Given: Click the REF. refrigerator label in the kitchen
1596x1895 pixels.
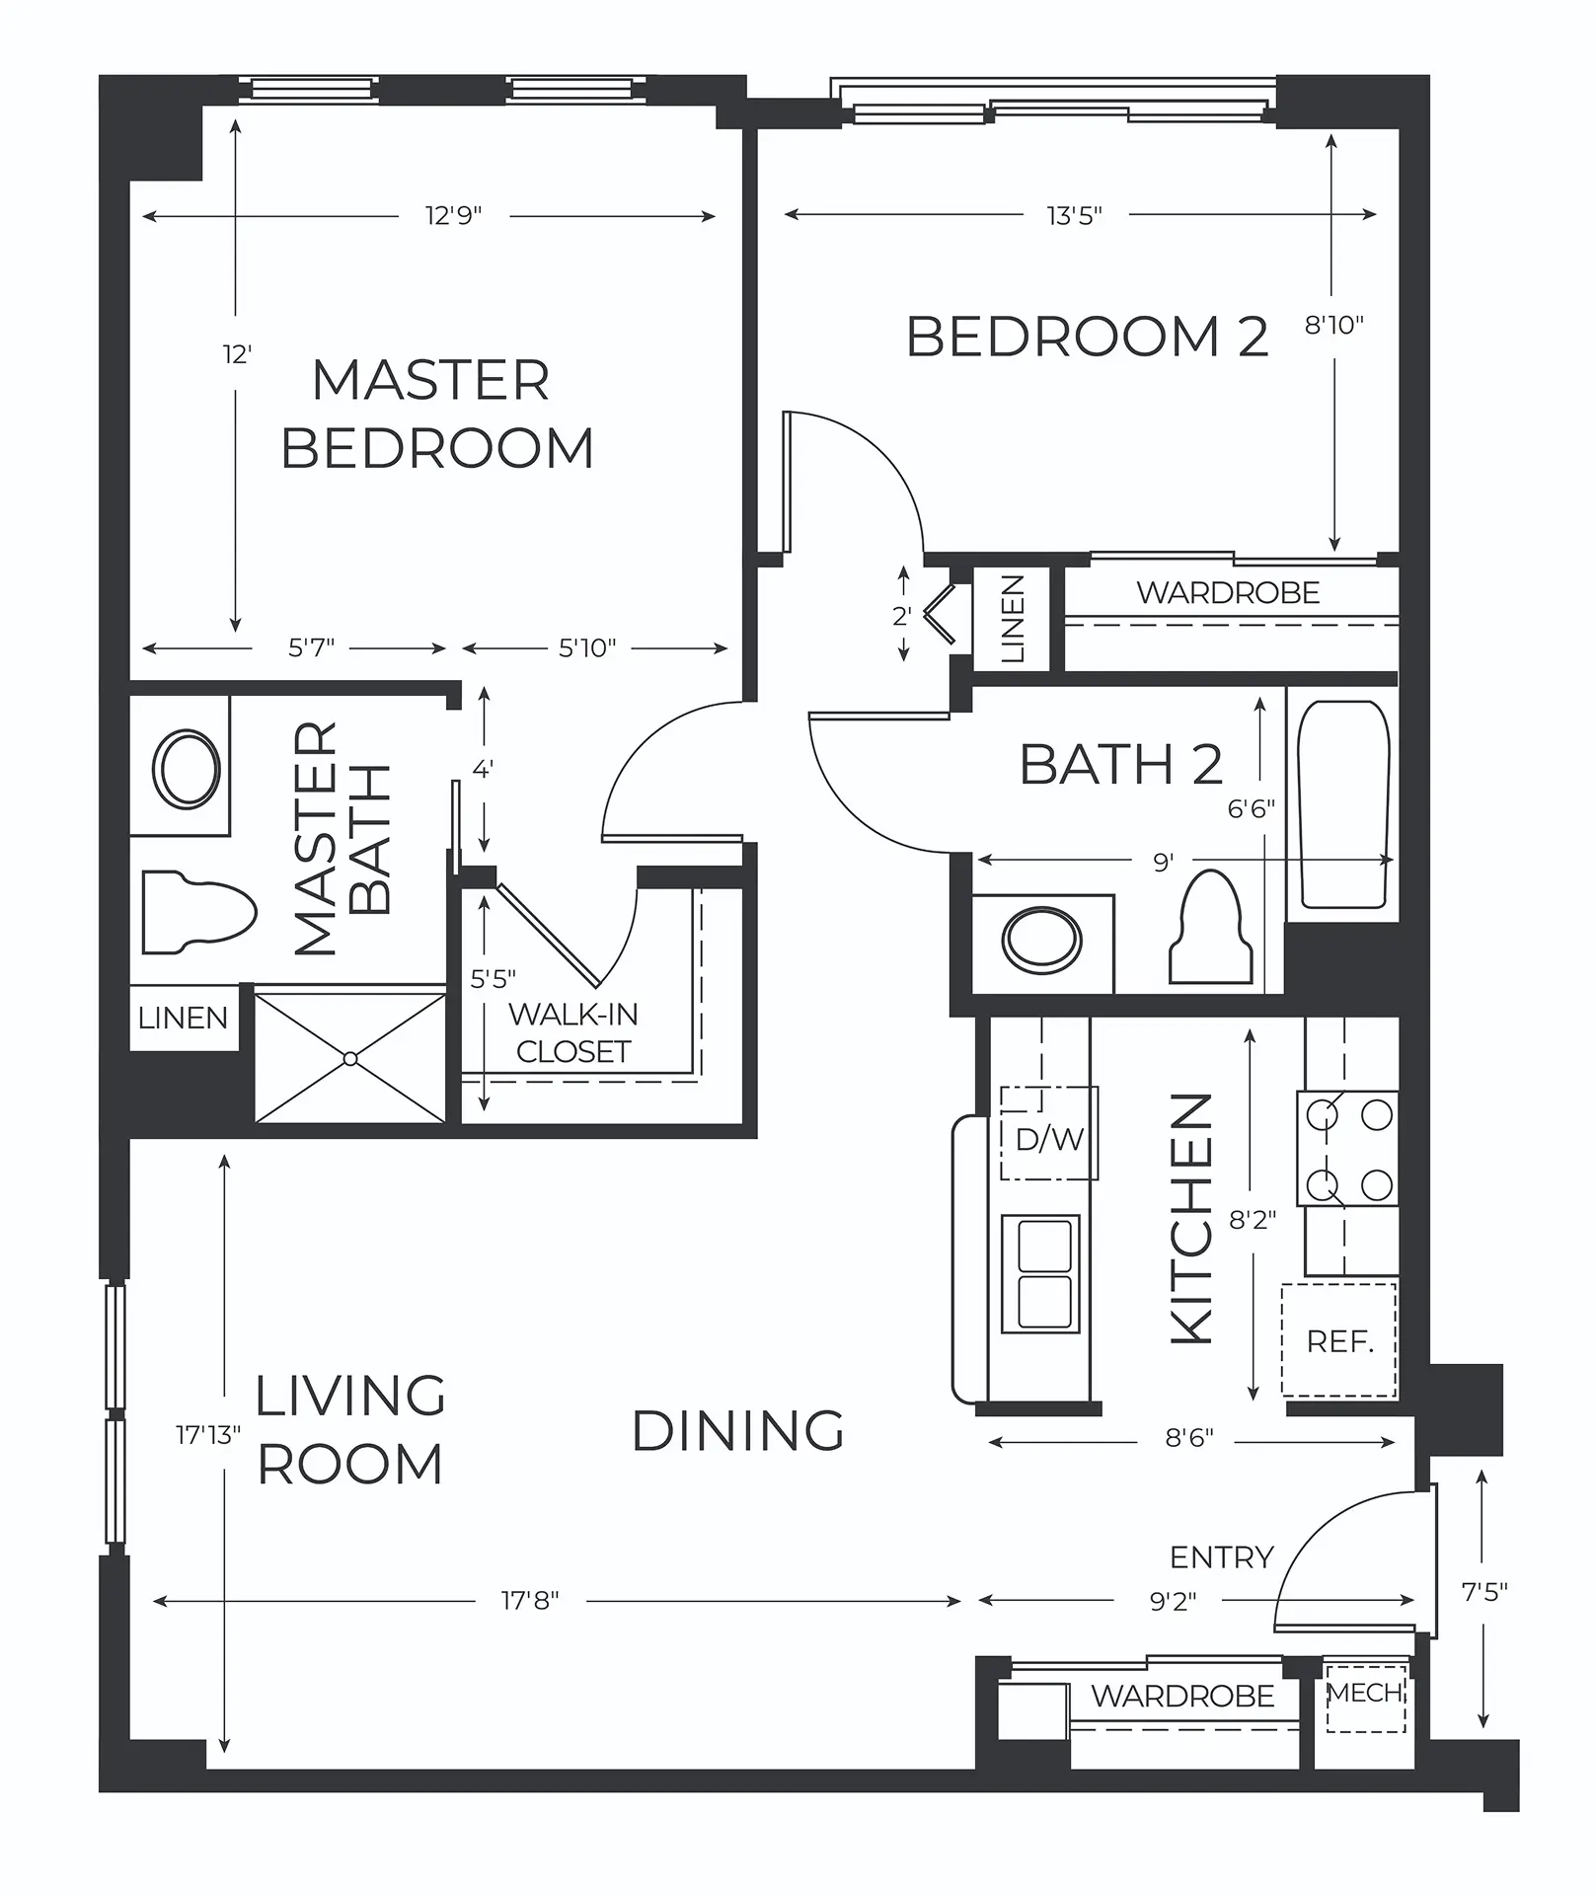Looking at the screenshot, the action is click(1339, 1341).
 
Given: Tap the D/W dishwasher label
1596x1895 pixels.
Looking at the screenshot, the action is click(1050, 1139).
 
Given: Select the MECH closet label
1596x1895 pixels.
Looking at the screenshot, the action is click(1365, 1693).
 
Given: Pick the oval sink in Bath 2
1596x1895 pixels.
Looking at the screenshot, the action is click(1041, 939).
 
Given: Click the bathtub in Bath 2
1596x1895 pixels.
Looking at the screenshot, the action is click(1343, 803).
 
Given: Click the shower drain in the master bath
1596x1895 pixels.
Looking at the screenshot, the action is click(350, 1059).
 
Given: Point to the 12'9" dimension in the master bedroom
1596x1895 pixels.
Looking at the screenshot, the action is click(454, 215).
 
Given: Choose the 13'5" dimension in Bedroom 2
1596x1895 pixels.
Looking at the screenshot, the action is click(1074, 215).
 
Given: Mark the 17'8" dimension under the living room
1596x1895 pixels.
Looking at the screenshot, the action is click(530, 1600).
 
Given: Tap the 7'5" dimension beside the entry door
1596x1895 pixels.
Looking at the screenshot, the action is click(1483, 1591).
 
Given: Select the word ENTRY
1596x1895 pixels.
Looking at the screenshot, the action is click(1222, 1557).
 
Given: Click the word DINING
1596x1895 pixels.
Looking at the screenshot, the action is click(738, 1431).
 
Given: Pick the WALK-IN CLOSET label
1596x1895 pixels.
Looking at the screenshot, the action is click(573, 1032).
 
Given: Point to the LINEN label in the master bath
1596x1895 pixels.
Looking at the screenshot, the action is click(183, 1018).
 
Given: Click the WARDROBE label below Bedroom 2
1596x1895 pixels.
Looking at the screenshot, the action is click(1228, 592).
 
